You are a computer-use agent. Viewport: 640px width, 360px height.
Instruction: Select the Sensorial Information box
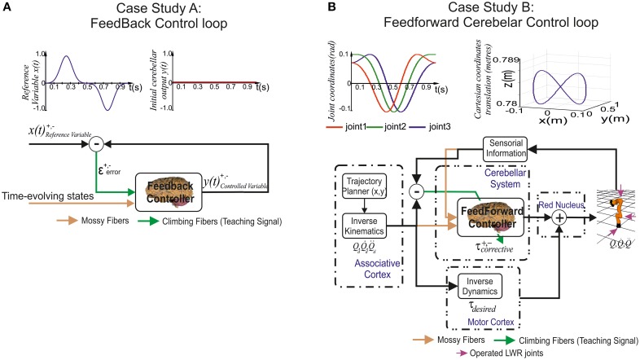(x=511, y=147)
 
